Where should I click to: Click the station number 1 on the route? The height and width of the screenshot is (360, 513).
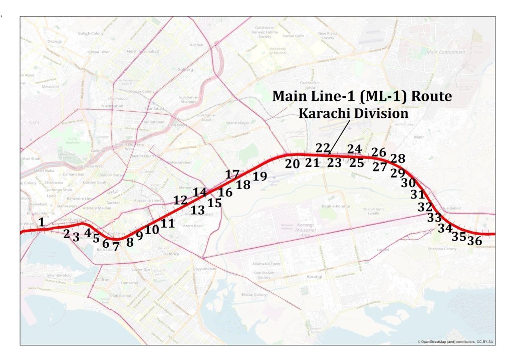point(42,221)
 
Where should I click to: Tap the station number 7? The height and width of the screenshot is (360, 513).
point(116,246)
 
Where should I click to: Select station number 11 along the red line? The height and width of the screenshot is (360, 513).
point(168,223)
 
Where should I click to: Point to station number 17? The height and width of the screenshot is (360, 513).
point(232,174)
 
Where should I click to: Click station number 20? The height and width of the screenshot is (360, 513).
point(293,163)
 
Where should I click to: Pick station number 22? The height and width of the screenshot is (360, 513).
point(323,148)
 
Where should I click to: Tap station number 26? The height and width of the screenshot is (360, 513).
point(379,152)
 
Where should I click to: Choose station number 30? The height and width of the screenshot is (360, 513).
point(408,183)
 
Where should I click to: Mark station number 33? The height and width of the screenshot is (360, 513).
point(434,218)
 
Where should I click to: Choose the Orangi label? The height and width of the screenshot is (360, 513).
point(54,41)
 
